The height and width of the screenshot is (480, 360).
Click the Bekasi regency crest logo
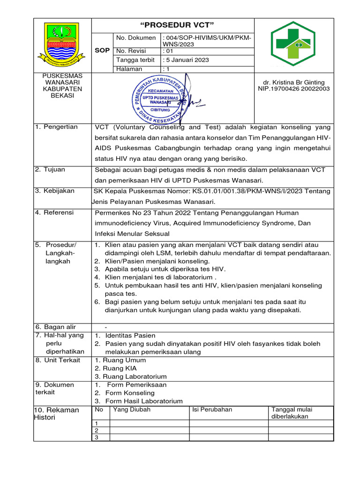[62, 45]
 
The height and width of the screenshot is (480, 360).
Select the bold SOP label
[102, 50]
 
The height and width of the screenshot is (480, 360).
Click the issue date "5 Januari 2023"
[186, 60]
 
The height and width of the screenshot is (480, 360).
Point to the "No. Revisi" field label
[131, 51]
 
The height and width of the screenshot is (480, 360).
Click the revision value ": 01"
[167, 51]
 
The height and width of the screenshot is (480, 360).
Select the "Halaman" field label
[129, 69]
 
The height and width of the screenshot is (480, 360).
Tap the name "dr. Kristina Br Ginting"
[294, 82]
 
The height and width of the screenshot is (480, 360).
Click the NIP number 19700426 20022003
[294, 89]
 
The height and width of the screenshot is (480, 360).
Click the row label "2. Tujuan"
[50, 169]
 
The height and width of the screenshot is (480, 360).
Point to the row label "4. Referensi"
[54, 212]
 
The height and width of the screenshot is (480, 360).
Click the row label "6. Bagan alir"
[55, 327]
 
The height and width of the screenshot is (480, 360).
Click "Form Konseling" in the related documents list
[129, 393]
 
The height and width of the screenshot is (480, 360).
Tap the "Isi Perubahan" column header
[212, 409]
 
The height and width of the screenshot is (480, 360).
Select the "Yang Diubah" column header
[132, 409]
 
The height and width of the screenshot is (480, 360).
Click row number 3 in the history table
[97, 437]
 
